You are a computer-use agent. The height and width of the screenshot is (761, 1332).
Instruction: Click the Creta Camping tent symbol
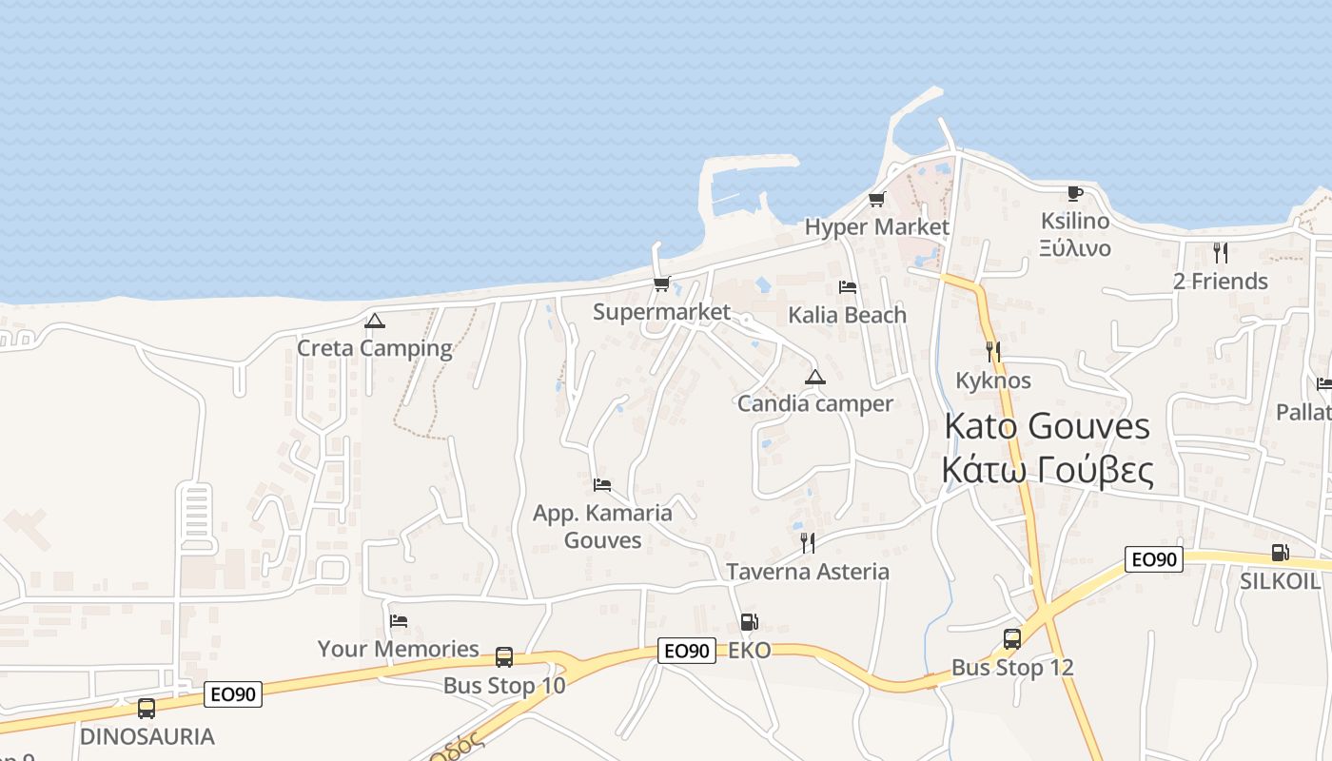375,322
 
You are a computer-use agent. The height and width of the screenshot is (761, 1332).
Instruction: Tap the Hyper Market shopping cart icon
876,200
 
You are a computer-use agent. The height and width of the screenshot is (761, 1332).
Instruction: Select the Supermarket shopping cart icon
661,283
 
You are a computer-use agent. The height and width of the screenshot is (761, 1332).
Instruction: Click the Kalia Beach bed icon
847,287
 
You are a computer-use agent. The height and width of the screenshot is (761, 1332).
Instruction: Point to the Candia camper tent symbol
814,377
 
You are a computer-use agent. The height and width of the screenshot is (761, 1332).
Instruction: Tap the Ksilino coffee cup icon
1074,193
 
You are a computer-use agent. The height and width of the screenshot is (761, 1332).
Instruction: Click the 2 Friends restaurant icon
1220,253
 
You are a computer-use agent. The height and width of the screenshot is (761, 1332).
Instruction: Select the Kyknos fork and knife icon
993,352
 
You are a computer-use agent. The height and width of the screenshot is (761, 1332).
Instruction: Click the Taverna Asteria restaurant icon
807,543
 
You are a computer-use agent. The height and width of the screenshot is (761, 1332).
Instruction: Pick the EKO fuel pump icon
749,622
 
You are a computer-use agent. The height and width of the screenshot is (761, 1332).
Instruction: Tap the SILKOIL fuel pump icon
1280,553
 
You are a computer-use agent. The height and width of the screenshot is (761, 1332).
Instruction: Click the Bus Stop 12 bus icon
1011,639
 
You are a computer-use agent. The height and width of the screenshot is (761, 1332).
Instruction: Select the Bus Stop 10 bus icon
504,657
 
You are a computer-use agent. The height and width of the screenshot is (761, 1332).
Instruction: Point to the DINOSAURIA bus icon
146,709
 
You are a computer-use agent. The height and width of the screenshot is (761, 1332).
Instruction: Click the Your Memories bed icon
399,621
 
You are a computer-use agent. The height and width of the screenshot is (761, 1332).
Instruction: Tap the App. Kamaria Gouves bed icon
601,485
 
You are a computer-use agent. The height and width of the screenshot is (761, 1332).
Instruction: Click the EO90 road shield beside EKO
686,651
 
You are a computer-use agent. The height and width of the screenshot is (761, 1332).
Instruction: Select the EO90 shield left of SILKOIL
1153,559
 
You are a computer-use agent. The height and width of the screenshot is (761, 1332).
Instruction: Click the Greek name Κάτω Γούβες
1047,471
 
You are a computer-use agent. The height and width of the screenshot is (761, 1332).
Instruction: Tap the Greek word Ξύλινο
1074,248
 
